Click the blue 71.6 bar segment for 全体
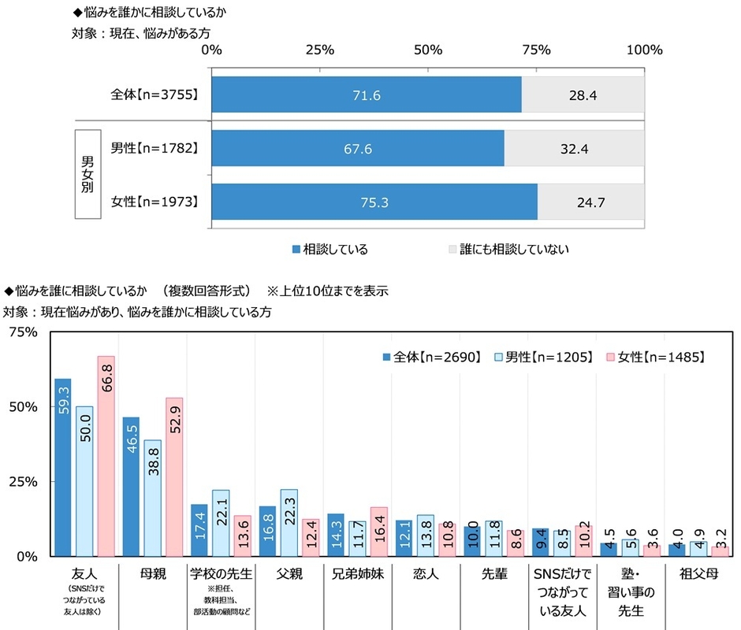[x=367, y=94]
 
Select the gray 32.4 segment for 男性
[x=574, y=148]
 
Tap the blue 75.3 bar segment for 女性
[x=374, y=202]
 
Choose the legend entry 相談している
[x=328, y=249]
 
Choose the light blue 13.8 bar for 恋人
[x=426, y=535]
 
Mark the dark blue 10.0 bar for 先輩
[x=471, y=540]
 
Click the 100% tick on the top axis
[x=645, y=50]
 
